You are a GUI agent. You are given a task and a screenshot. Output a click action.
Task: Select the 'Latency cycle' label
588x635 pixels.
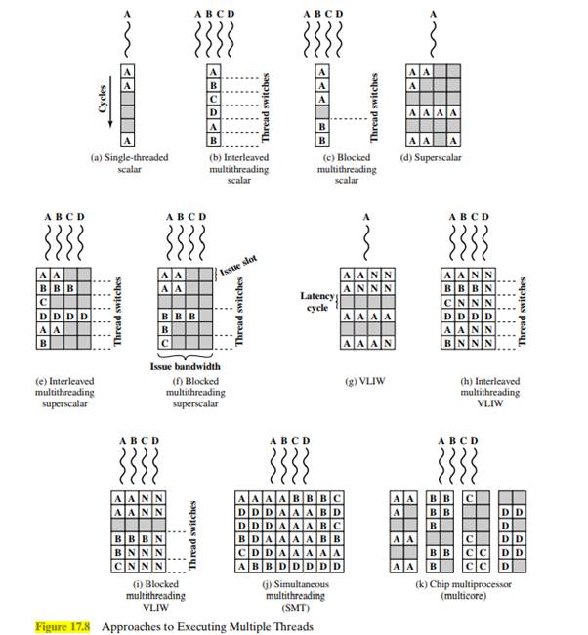(x=317, y=300)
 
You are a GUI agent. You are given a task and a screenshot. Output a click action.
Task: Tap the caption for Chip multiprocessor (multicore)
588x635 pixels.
(x=458, y=589)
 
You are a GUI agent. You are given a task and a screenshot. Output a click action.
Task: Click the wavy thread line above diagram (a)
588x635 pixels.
(x=130, y=40)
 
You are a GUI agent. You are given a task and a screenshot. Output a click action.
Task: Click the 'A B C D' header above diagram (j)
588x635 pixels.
(x=289, y=441)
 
